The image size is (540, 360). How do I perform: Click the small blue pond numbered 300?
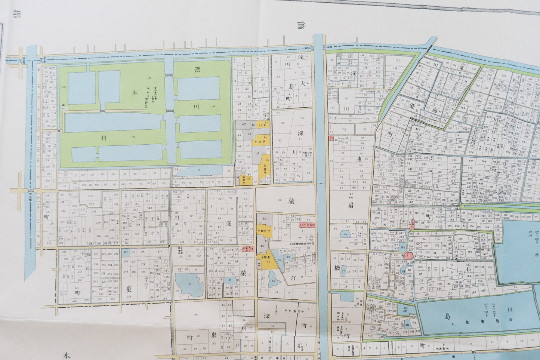407,325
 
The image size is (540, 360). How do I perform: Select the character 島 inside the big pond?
447,316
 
